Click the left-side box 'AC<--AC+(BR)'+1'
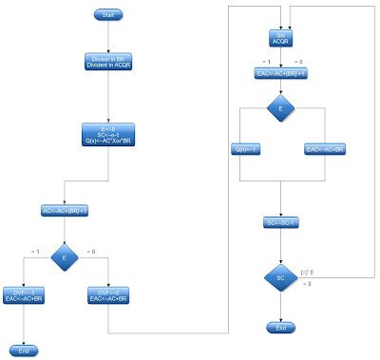(x=65, y=210)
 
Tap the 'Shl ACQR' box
(x=281, y=40)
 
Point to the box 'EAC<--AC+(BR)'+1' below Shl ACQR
(x=281, y=73)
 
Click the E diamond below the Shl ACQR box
(x=281, y=109)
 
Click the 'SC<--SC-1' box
(x=281, y=223)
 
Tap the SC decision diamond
(x=281, y=277)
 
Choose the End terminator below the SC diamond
(x=281, y=327)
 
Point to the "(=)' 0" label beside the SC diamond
(x=307, y=272)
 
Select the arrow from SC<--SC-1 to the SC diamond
(x=281, y=243)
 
